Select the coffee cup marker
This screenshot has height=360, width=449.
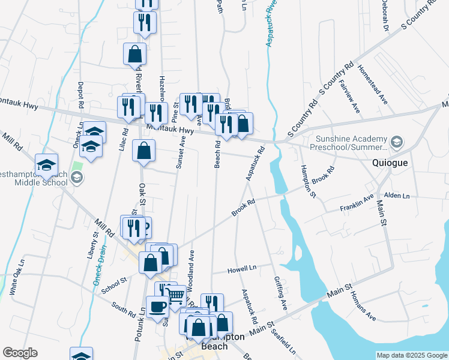[x=158, y=306]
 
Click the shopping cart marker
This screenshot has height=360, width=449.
[x=175, y=295]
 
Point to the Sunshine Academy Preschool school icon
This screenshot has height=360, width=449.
[x=396, y=143]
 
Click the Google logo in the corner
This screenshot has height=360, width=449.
[x=20, y=353]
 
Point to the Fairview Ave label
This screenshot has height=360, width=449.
[x=349, y=96]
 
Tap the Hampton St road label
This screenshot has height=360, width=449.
[x=308, y=181]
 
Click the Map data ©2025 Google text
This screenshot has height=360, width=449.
[x=411, y=355]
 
